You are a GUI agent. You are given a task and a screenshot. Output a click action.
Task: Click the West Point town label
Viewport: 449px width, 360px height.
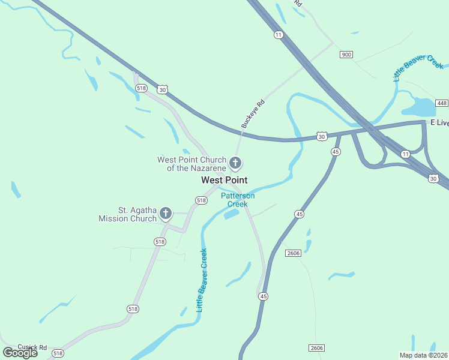pos(224,180)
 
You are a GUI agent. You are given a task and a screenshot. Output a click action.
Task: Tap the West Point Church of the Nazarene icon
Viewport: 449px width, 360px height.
pos(236,163)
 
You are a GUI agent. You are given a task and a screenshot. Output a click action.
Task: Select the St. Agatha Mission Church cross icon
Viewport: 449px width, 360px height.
pos(165,213)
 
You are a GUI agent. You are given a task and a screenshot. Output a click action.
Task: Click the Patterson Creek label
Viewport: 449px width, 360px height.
pos(238,200)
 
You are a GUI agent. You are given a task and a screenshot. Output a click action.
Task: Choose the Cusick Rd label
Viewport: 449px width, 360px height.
pos(32,347)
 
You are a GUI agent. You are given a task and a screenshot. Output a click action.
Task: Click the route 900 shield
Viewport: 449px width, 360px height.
pos(346,55)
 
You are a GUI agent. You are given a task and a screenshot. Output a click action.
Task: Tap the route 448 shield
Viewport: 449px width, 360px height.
pos(442,103)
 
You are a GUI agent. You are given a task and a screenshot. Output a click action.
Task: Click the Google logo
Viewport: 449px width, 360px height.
pos(20,353)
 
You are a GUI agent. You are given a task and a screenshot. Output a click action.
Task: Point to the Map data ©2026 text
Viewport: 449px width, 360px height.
pos(424,355)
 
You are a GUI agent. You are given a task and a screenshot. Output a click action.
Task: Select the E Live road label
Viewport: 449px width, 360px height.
pos(439,122)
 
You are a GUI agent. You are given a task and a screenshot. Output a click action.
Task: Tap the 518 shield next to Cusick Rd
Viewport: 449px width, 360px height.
pos(58,354)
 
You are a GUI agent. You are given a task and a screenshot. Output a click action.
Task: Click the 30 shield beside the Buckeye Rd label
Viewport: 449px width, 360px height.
pos(322,137)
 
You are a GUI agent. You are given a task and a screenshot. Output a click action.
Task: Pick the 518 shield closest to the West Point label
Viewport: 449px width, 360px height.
pos(201,200)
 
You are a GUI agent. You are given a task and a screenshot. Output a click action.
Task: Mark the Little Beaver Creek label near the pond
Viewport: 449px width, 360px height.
pos(418,68)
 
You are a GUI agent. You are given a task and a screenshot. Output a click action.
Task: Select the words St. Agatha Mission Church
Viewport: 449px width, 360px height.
pos(128,214)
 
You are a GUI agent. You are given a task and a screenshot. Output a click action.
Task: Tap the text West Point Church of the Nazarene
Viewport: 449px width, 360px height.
pos(191,164)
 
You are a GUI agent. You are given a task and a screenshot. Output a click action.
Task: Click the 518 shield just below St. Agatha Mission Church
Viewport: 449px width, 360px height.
pos(159,241)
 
